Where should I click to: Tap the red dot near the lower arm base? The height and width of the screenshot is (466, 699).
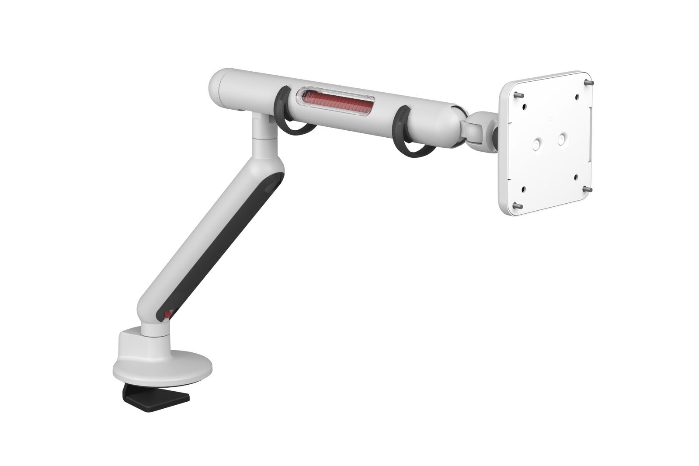[x=167, y=315]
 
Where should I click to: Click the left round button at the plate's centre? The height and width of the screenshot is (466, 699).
[x=536, y=145]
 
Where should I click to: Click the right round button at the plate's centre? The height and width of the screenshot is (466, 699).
[x=562, y=140]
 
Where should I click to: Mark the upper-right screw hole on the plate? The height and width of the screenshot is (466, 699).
[x=577, y=95]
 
